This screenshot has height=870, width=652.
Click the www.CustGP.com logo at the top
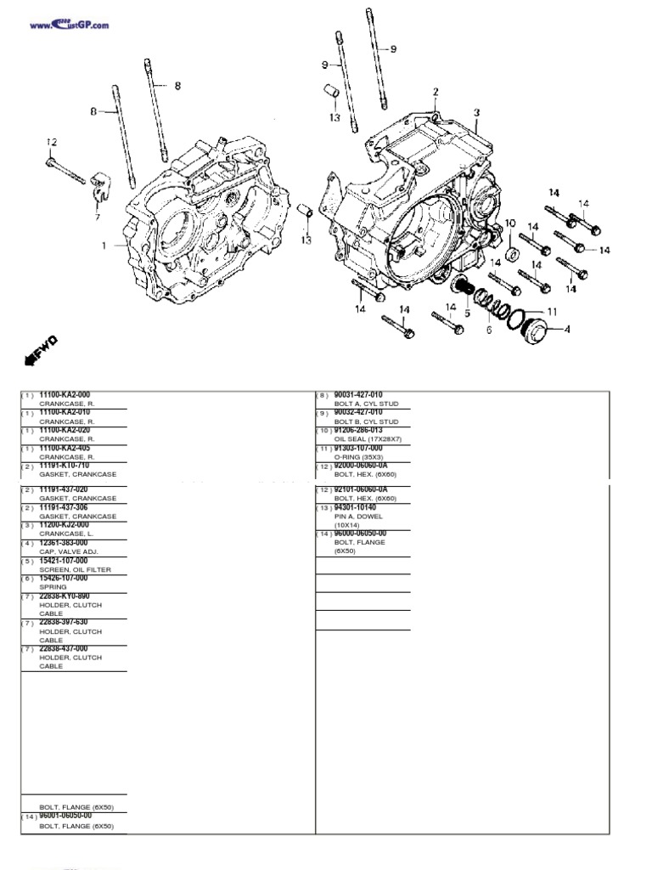70,25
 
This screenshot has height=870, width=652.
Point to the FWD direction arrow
42,348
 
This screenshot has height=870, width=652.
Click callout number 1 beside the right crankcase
104,246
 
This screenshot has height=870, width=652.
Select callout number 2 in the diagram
436,92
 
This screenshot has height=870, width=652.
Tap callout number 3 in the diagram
476,112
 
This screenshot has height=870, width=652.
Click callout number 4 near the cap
567,328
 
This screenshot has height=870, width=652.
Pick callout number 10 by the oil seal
509,223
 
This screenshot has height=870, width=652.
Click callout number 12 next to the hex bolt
51,142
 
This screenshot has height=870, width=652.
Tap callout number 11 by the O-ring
552,311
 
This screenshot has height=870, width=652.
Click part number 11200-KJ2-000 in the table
64,525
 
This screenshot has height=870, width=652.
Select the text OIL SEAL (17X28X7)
368,439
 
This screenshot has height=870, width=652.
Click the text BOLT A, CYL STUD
366,404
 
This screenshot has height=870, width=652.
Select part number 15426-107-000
64,578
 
